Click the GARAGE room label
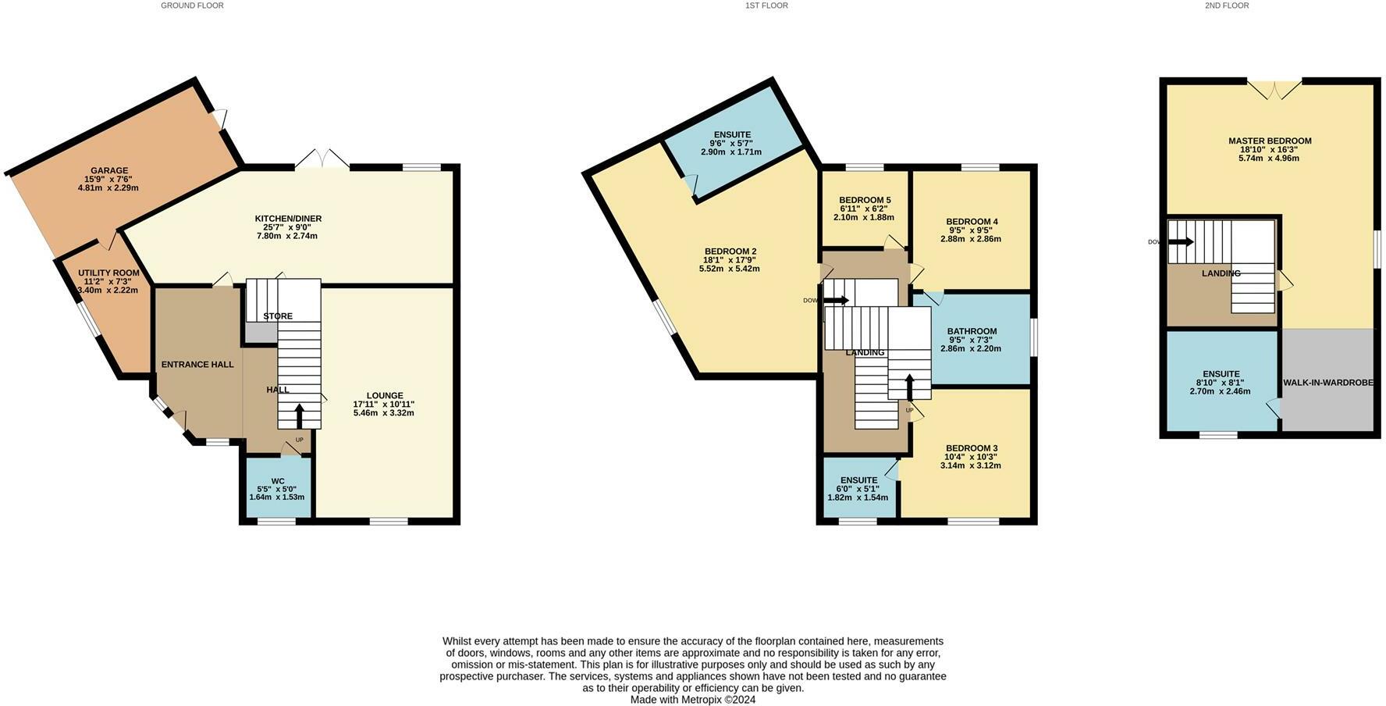pos(108,170)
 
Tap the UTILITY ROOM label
pos(108,273)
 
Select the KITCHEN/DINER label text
pos(288,219)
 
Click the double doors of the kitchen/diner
pos(322,159)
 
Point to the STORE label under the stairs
pos(278,316)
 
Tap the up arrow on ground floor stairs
pos(300,416)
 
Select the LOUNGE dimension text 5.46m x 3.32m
pos(383,412)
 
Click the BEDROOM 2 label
pos(730,251)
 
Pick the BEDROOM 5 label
pos(865,201)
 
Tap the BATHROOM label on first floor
pos(972,331)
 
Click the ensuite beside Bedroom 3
pos(858,488)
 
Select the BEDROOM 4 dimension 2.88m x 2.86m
pos(971,239)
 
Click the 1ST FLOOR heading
pos(766,5)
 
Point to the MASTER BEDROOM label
pos(1269,141)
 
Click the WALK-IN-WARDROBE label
pos(1327,383)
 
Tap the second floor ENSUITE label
pos(1221,374)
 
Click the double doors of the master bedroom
pos(1274,90)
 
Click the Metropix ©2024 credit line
pos(693,700)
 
